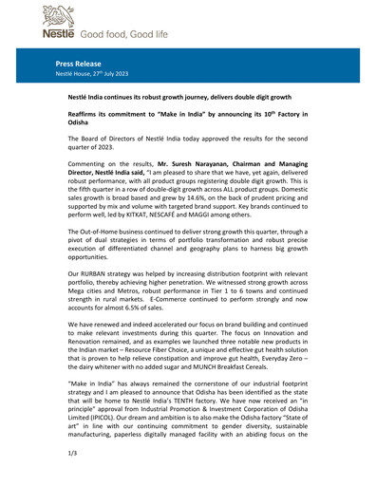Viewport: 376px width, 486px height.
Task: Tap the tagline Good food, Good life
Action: click(118, 34)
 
